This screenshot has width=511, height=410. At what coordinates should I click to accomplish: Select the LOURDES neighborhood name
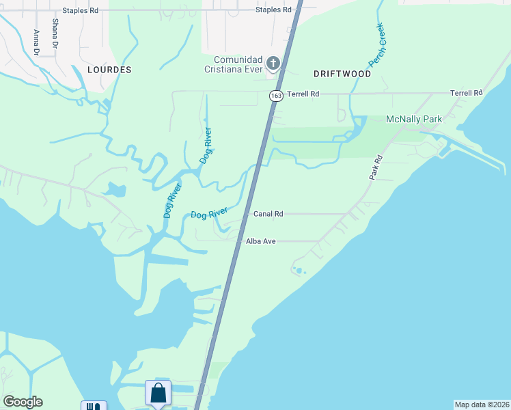point(109,70)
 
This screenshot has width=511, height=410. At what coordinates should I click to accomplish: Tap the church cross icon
point(273,64)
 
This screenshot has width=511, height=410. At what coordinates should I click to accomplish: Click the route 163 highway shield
point(275,96)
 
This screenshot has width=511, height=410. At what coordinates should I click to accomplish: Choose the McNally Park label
point(414,119)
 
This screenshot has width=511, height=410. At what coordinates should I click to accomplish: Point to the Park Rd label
point(376,167)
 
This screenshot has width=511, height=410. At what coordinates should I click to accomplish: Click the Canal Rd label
point(268,214)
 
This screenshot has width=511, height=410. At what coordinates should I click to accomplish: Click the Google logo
point(23,402)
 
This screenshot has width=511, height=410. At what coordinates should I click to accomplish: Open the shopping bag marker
point(158,394)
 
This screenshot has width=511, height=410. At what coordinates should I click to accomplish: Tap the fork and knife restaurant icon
point(94,406)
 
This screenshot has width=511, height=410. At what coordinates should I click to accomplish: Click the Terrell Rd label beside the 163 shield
point(303,93)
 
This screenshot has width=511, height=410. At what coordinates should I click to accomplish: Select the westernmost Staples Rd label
point(80,10)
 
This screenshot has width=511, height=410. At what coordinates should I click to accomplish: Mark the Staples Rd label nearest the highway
point(273,10)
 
